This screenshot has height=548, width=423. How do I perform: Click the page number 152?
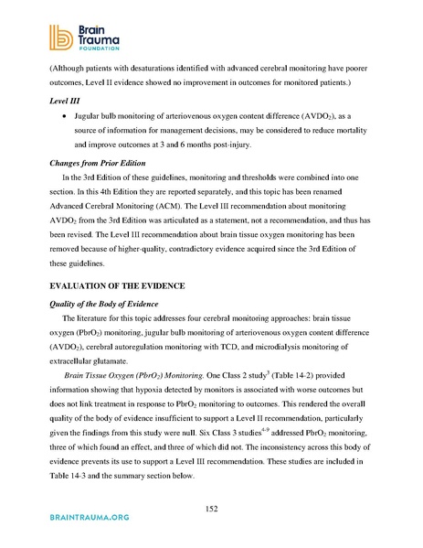tap(211, 509)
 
